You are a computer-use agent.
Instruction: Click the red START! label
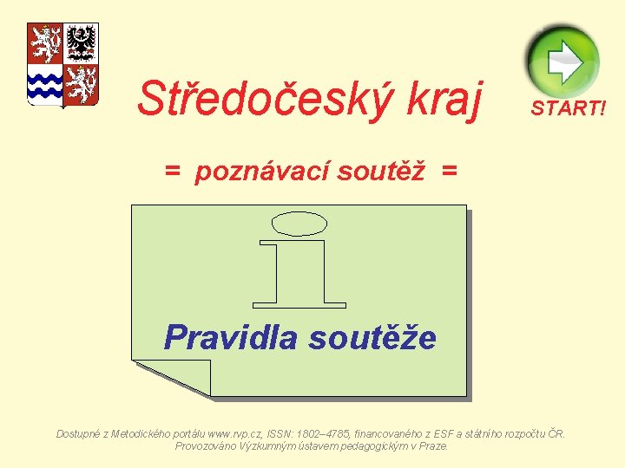click(569, 107)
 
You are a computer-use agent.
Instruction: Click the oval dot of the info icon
click(299, 224)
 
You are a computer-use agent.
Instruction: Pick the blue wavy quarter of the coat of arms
click(45, 84)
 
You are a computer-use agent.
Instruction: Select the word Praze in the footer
click(432, 445)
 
